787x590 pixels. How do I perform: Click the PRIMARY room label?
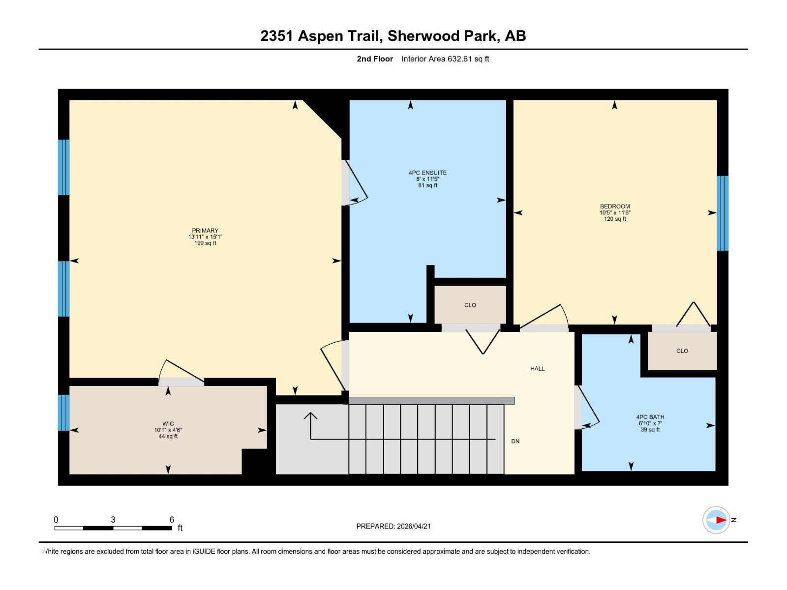coord(205,231)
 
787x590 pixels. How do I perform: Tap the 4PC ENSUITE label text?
coord(427,173)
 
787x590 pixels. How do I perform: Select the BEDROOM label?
coord(614,206)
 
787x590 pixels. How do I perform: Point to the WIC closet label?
coord(168,424)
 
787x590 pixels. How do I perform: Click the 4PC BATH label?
coord(650,417)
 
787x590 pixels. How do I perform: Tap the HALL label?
coord(537,368)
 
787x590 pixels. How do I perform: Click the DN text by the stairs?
coord(515,441)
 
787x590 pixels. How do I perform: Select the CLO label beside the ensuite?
coord(470,305)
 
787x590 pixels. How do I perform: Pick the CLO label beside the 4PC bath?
coord(682,351)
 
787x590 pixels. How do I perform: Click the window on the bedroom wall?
coord(722,213)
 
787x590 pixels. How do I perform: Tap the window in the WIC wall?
coord(63,413)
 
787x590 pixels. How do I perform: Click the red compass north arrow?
coord(721,520)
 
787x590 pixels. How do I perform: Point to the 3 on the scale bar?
coord(113,520)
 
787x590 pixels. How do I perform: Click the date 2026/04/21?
coord(414,526)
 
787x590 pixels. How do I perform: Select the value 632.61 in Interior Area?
coord(459,59)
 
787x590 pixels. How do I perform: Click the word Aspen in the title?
coord(321,36)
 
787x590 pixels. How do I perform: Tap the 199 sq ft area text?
coord(205,243)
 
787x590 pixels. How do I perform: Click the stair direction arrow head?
coord(310,415)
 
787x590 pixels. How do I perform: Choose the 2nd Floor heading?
coord(375,59)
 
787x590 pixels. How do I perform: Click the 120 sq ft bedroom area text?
coord(614,219)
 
